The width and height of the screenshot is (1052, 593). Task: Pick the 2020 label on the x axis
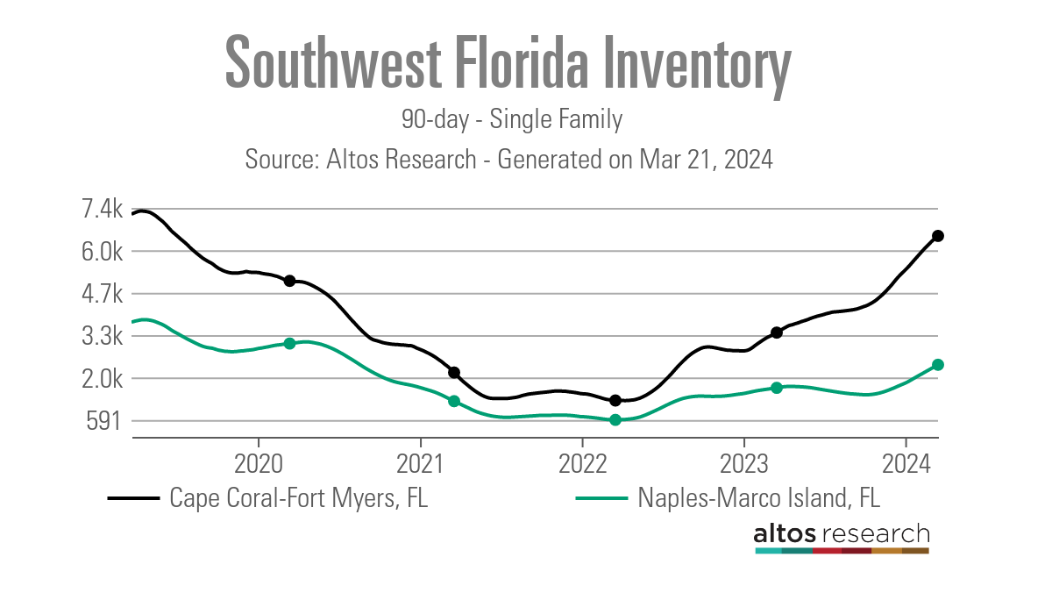coord(259,461)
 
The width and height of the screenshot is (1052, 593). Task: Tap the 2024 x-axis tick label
coord(906,461)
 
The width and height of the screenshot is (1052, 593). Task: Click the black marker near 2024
coord(937,236)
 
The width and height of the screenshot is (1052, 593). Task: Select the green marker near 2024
coord(937,365)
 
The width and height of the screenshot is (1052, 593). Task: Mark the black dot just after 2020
coord(289,281)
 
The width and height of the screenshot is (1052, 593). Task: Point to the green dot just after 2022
coord(615,420)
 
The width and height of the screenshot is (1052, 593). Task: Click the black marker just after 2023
coord(777,332)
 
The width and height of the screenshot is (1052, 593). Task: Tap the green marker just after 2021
coord(454,401)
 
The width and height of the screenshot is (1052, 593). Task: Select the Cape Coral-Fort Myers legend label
coord(299,498)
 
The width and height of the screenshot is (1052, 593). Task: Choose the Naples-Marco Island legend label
coord(758,498)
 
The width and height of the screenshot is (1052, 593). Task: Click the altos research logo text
coord(842,533)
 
